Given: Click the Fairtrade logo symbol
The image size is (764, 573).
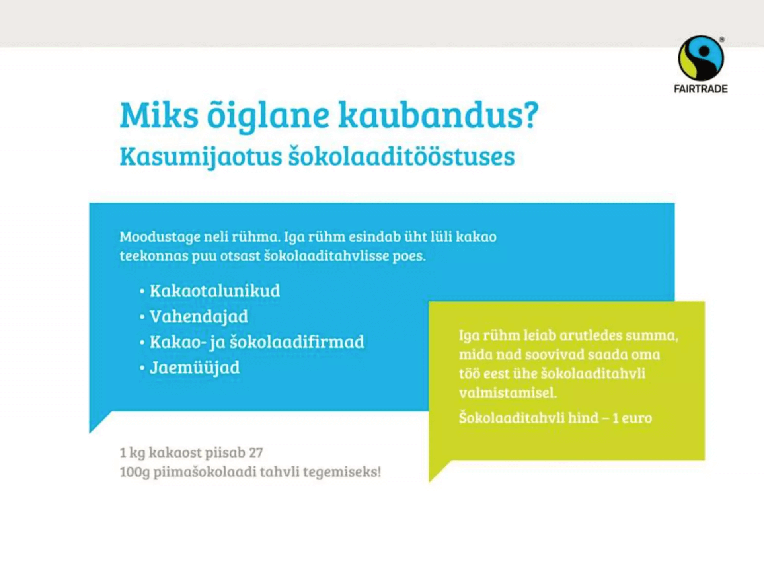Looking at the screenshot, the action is pyautogui.click(x=701, y=58).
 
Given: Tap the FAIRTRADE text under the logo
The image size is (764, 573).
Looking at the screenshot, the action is pyautogui.click(x=701, y=89).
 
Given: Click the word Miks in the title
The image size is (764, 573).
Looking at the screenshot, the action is pyautogui.click(x=159, y=115).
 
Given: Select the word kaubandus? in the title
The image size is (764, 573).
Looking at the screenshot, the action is pyautogui.click(x=439, y=115).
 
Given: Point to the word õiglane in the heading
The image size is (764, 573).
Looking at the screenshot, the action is pyautogui.click(x=268, y=116).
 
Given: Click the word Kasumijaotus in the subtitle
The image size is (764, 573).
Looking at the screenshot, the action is pyautogui.click(x=201, y=158).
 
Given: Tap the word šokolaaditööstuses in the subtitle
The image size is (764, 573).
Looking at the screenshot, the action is pyautogui.click(x=401, y=156).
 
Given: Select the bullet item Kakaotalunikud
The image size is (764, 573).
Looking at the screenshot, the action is pyautogui.click(x=215, y=291).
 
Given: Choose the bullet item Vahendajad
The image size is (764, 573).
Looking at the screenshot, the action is pyautogui.click(x=199, y=317).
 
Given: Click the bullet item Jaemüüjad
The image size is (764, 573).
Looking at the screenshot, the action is pyautogui.click(x=195, y=368).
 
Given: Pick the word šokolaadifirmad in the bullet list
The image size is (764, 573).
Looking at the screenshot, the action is pyautogui.click(x=297, y=342).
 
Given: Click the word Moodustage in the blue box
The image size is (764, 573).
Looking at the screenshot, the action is pyautogui.click(x=160, y=237).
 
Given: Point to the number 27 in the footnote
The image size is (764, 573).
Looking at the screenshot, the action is pyautogui.click(x=256, y=453).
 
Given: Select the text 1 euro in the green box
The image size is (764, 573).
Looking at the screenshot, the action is pyautogui.click(x=632, y=418).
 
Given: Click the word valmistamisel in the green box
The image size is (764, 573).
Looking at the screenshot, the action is pyautogui.click(x=508, y=393).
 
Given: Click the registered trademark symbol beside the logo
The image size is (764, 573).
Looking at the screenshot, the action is pyautogui.click(x=722, y=40).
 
